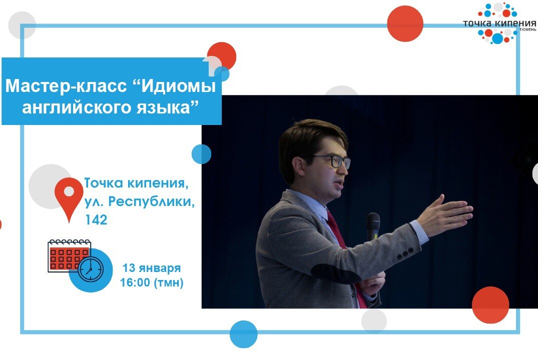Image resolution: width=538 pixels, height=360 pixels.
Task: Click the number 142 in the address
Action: point(96,219)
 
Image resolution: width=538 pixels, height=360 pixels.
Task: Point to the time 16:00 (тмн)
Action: point(152,283)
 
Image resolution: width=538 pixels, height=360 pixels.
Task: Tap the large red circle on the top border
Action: point(405,23)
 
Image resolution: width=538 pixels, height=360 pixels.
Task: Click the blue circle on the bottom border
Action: point(244,334)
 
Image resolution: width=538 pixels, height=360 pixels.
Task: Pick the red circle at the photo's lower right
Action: point(490,304)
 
